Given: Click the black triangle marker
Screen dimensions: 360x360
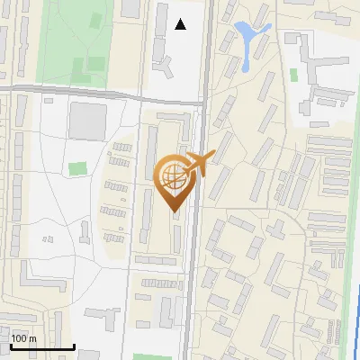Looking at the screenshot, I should (x=181, y=24).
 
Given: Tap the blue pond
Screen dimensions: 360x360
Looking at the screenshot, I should (x=247, y=36).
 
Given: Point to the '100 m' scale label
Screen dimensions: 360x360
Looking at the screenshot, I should (x=23, y=338).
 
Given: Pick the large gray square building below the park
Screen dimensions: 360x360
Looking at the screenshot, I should (x=87, y=120).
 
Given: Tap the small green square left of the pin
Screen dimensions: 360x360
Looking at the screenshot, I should (x=78, y=168).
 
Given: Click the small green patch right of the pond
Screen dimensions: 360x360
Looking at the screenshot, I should (x=293, y=75).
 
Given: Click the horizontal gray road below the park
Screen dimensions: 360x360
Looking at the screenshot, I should (x=99, y=91).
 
